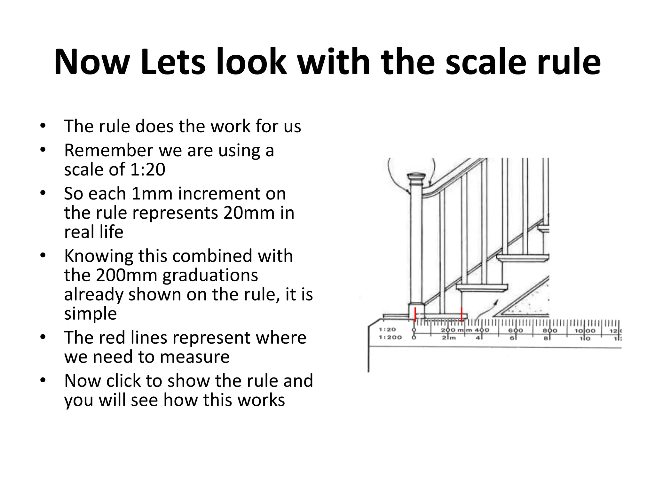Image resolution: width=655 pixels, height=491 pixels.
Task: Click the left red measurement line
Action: [415, 314]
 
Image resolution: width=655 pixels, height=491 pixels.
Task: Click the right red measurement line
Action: [462, 314]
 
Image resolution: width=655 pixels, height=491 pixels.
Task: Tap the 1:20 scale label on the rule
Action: [387, 330]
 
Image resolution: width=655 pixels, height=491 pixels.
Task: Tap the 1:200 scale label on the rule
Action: [390, 337]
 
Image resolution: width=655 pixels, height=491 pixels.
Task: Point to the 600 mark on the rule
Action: [516, 331]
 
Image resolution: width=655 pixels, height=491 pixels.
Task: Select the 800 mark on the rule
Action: [550, 331]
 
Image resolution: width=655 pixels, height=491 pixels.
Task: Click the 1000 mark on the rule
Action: [585, 331]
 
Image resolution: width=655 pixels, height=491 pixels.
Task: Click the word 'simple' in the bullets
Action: [91, 313]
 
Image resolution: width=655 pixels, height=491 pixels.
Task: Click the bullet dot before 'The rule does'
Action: [43, 126]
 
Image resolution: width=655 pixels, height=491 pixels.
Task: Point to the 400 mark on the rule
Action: [482, 331]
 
